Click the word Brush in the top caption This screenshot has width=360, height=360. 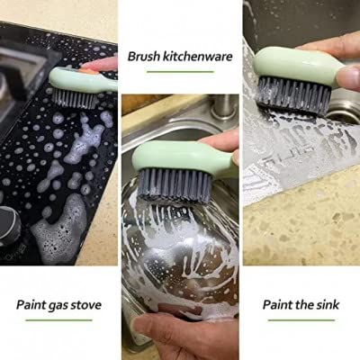pos(145,56)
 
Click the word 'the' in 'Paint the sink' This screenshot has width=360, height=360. pos(300,304)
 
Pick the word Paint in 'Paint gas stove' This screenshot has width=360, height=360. pos(34,304)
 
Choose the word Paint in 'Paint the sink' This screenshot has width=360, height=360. pos(276,304)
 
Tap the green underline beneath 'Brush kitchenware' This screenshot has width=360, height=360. pos(180,73)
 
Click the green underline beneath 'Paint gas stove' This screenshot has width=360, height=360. pos(58,319)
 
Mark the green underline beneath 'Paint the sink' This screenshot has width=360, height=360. pos(301,319)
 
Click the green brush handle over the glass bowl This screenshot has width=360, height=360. pos(180,158)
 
